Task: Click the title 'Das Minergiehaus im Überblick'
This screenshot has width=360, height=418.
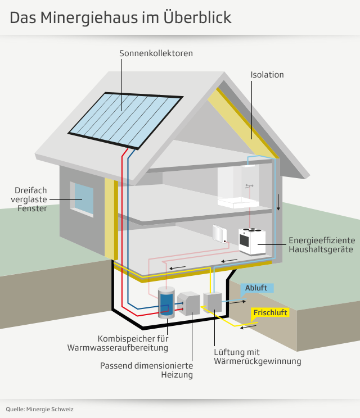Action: [120, 17]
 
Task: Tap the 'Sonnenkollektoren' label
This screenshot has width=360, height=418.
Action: [156, 53]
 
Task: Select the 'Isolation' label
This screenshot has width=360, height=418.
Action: [267, 75]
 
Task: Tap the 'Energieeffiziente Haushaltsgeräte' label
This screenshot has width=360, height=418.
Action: [321, 244]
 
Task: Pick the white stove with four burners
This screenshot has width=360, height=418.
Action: [251, 240]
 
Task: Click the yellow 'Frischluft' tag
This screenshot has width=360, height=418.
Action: [271, 312]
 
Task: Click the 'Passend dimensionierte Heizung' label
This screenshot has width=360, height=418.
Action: [146, 370]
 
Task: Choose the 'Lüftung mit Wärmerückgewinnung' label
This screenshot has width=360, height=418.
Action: [258, 357]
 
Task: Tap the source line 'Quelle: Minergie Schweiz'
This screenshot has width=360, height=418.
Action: [39, 409]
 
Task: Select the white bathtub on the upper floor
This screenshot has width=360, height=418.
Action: [238, 202]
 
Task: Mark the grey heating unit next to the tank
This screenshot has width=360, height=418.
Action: [189, 304]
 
